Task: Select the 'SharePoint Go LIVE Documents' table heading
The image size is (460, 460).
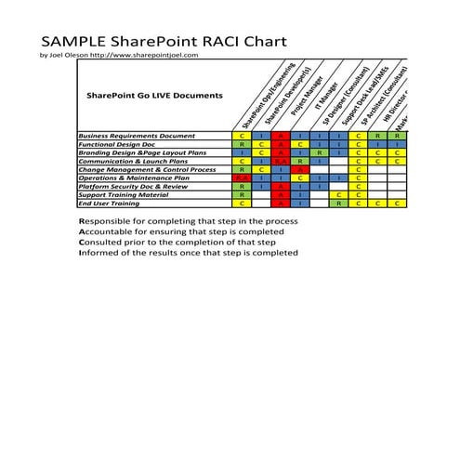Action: [x=154, y=96]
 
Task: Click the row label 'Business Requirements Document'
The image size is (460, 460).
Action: [x=137, y=137]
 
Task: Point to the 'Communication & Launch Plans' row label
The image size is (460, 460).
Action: [x=133, y=162]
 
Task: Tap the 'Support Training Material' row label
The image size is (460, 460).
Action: [x=124, y=194]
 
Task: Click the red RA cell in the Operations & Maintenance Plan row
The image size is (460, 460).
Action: [x=241, y=177]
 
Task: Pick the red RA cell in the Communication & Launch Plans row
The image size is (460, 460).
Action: [x=281, y=162]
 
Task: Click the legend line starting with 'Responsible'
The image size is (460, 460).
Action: [x=188, y=221]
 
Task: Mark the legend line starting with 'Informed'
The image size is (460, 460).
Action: [x=188, y=252]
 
